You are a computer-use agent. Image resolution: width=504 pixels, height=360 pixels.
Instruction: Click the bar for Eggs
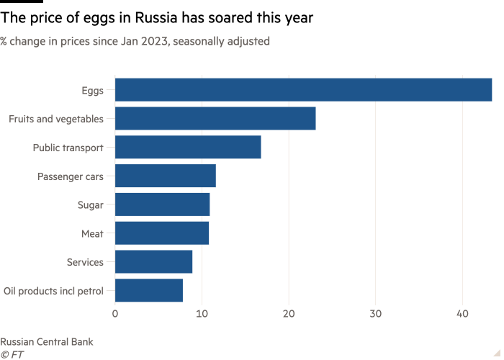(x=303, y=90)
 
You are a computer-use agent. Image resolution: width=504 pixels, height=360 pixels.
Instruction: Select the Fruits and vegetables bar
(x=215, y=118)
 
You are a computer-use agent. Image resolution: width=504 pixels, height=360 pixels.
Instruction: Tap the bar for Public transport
(x=188, y=147)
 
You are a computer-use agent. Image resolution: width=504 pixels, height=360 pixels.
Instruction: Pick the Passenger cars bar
(x=165, y=176)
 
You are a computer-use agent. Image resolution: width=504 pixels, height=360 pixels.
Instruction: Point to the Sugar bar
(x=162, y=204)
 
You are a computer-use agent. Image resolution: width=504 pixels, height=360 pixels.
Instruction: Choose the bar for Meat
(x=162, y=233)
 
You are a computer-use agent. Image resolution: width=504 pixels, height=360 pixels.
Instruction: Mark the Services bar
(x=153, y=262)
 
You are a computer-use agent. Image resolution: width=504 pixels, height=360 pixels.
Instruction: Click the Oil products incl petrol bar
(x=148, y=291)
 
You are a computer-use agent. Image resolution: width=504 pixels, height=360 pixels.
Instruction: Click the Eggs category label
(x=93, y=90)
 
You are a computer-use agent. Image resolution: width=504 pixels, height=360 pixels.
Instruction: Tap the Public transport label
(x=68, y=147)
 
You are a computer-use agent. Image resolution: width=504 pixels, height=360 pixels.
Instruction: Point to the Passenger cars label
(x=71, y=176)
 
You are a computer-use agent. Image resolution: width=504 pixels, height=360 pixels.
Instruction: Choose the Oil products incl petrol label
(x=54, y=291)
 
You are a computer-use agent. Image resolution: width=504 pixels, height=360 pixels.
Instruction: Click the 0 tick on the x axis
(x=115, y=314)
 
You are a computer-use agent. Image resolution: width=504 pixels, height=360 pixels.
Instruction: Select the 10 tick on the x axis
(x=202, y=314)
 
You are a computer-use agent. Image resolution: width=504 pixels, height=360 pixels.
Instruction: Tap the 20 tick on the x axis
(x=289, y=314)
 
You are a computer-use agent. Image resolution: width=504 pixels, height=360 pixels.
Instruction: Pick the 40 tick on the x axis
(x=462, y=314)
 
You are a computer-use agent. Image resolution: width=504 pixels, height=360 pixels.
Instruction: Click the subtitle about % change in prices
(x=135, y=42)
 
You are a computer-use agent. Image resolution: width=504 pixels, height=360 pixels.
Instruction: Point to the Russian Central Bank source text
(x=47, y=341)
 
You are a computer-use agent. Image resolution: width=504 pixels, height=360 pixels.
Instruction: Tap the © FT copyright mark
(x=11, y=354)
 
